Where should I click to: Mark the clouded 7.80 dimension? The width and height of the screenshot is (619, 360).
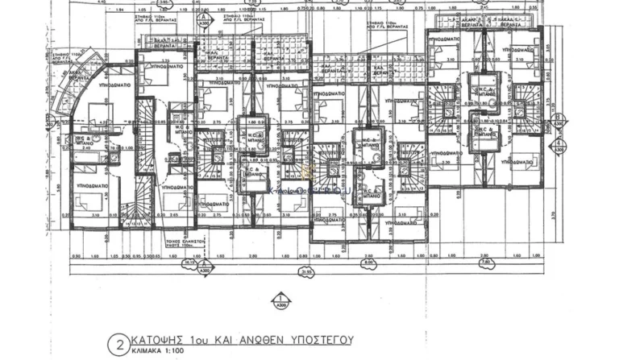coord(485,262)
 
